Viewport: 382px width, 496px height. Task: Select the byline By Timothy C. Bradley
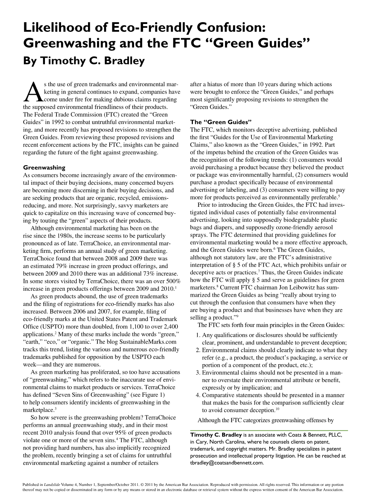pyautogui.click(x=84, y=61)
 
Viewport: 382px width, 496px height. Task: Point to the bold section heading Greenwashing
pyautogui.click(x=44, y=167)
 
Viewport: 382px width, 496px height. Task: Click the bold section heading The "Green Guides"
pyautogui.click(x=221, y=122)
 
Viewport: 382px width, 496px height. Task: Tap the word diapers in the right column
pyautogui.click(x=225, y=227)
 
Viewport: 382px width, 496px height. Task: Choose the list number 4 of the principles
pyautogui.click(x=198, y=395)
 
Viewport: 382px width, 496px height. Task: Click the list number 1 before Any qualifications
pyautogui.click(x=198, y=335)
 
